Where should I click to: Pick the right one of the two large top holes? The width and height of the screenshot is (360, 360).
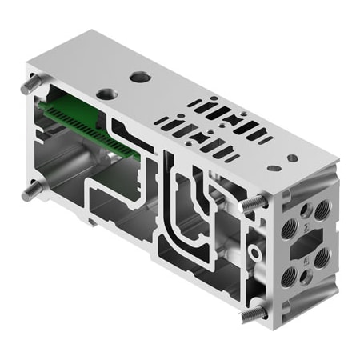141,78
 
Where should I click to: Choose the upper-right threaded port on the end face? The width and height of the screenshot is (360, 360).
322,210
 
